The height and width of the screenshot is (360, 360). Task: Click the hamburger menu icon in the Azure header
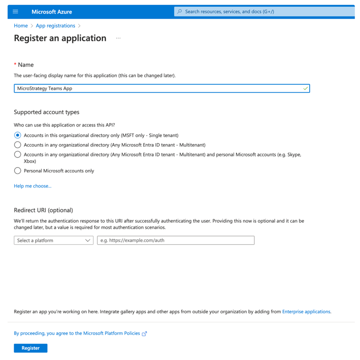coord(15,12)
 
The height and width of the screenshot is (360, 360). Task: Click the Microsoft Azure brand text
coord(52,12)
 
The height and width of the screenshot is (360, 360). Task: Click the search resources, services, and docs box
coord(264,12)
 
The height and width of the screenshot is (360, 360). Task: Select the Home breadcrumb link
coord(21,26)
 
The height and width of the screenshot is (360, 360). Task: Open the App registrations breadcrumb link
coord(55,26)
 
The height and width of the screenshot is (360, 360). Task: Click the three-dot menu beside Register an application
coord(118,39)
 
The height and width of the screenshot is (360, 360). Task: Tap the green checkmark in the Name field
coord(305,89)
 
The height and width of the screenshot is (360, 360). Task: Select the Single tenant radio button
coord(18,135)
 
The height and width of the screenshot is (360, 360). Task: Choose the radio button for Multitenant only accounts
coord(18,145)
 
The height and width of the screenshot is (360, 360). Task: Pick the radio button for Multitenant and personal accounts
coord(18,155)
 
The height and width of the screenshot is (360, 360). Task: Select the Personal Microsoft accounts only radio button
coord(18,171)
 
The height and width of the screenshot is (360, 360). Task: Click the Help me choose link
coord(33,186)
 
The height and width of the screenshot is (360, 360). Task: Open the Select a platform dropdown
coord(54,241)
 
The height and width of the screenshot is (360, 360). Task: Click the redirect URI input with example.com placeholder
coord(175,241)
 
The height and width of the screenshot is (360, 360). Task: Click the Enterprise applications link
coord(306,312)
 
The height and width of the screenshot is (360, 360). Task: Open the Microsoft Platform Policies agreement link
coord(80,333)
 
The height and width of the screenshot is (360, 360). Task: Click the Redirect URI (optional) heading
coord(44,210)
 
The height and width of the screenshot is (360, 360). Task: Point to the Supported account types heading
coord(47,112)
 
